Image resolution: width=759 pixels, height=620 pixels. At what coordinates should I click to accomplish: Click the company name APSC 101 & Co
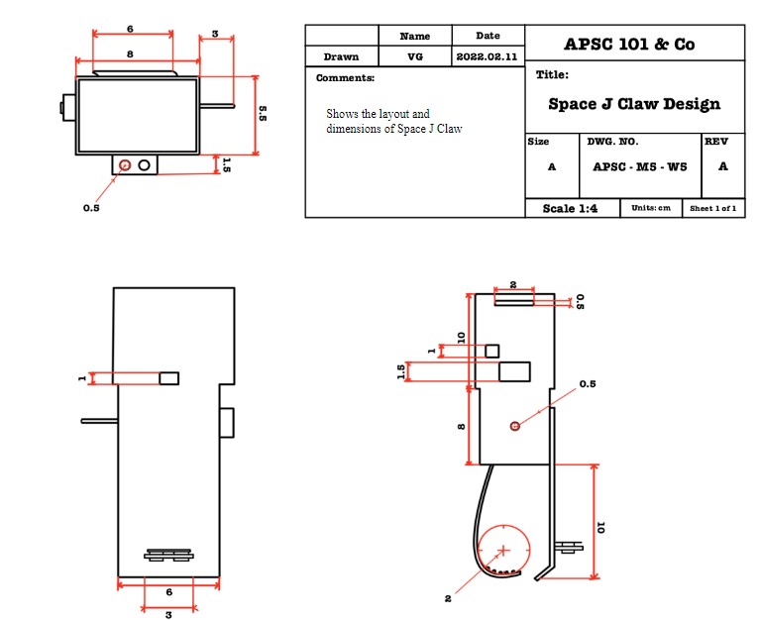click(x=629, y=44)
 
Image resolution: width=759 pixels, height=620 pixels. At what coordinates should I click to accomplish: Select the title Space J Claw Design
click(x=634, y=104)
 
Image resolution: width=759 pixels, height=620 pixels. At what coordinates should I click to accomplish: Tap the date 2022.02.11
click(x=488, y=57)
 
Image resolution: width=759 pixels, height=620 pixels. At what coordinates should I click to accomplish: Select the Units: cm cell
click(x=651, y=208)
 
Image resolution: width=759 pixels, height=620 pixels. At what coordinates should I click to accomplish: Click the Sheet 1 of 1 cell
click(x=712, y=208)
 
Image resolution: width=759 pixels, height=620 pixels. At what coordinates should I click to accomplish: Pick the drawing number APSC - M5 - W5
click(x=639, y=166)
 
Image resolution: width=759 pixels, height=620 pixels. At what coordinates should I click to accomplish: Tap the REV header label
click(x=716, y=142)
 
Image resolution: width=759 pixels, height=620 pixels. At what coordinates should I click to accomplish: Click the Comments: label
click(x=345, y=78)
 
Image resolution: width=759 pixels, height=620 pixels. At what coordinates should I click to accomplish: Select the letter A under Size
click(x=552, y=166)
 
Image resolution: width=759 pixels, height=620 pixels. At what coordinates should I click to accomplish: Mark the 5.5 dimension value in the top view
click(x=263, y=114)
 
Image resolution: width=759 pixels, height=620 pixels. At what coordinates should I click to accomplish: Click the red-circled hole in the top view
click(x=125, y=164)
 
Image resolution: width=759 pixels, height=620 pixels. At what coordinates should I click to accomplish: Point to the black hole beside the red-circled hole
click(x=145, y=164)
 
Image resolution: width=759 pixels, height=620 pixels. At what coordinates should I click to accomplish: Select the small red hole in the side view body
click(x=514, y=426)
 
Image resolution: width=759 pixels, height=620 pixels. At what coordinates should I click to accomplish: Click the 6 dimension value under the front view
click(x=167, y=591)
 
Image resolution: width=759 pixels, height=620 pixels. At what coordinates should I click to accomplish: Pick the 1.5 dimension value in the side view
click(x=401, y=370)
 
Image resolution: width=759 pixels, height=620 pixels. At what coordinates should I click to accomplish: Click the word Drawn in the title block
click(x=341, y=57)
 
